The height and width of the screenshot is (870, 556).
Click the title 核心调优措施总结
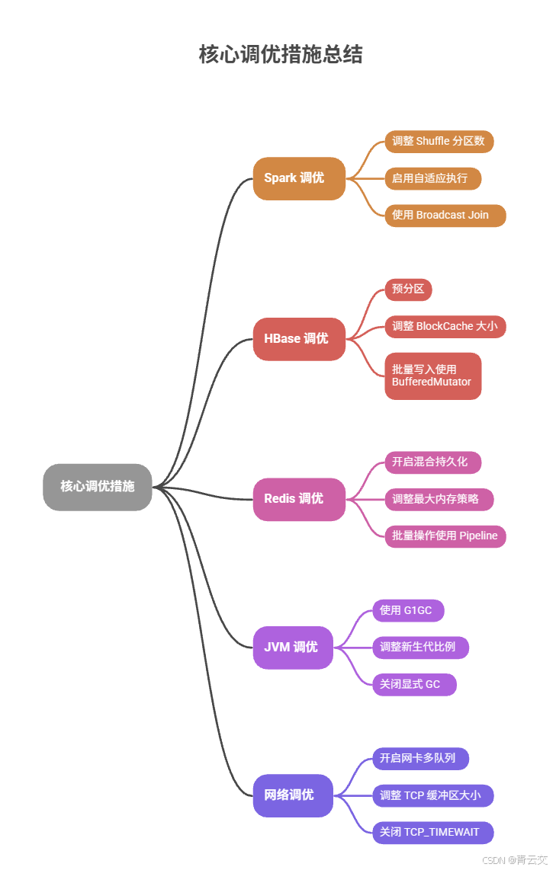point(281,55)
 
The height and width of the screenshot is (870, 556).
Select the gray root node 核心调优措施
point(98,487)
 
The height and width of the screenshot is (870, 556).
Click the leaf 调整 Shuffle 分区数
point(439,142)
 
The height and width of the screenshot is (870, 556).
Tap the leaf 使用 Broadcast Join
point(445,216)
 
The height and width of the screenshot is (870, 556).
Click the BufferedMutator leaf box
point(432,376)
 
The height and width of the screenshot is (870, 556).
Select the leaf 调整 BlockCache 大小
point(445,327)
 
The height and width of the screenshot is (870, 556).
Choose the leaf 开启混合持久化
point(432,462)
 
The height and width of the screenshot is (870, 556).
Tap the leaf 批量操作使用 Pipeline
point(445,536)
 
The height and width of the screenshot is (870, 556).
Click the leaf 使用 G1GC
point(407,610)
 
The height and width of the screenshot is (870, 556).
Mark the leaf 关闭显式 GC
point(414,684)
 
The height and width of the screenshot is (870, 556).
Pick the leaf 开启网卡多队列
point(420,759)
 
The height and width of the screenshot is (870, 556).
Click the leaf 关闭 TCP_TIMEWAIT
point(432,833)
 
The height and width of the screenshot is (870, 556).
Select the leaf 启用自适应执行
point(432,178)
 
